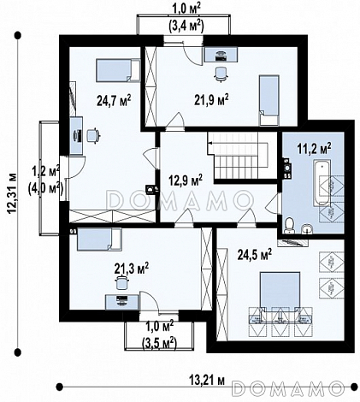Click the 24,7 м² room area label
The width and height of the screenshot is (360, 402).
[x=114, y=100]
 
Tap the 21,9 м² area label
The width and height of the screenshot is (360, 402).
[x=211, y=100]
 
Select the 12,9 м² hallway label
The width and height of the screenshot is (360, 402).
[x=186, y=180]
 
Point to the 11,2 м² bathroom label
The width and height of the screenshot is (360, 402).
[x=315, y=148]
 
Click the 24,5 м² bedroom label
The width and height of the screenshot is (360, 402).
[x=255, y=254]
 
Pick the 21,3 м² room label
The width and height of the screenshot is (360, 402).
[x=132, y=268]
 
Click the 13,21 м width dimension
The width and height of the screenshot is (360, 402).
[x=207, y=380]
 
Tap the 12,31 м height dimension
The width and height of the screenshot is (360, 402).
[x=12, y=193]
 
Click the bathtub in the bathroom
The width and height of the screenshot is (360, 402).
[x=322, y=183]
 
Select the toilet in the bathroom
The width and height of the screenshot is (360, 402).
[x=290, y=225]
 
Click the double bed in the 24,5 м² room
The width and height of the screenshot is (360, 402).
[x=280, y=292]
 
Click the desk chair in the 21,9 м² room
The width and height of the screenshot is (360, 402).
[x=221, y=74]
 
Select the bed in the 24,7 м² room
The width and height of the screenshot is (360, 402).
[x=118, y=70]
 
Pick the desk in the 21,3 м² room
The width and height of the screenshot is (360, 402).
[x=121, y=302]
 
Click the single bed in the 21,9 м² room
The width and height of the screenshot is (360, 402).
[x=269, y=100]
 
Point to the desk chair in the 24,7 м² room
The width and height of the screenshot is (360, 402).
[x=93, y=135]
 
